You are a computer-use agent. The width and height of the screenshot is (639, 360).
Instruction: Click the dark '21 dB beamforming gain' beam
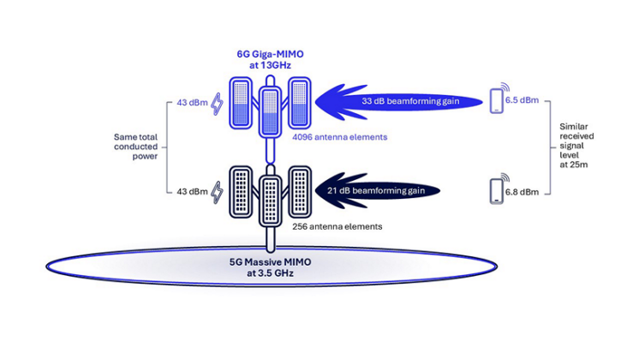(x=377, y=189)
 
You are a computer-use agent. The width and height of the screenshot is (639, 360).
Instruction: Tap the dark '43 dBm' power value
(x=192, y=190)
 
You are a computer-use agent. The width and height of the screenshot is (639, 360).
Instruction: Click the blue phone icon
(x=495, y=101)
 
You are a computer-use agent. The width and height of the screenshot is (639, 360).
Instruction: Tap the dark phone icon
(x=495, y=190)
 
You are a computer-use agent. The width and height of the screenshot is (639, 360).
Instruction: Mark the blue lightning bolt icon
(x=216, y=103)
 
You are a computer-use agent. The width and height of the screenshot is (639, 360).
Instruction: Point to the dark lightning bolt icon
(x=217, y=191)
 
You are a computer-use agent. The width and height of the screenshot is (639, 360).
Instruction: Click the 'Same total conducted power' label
(x=136, y=146)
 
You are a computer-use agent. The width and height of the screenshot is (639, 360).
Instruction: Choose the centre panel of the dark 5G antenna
(x=271, y=200)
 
